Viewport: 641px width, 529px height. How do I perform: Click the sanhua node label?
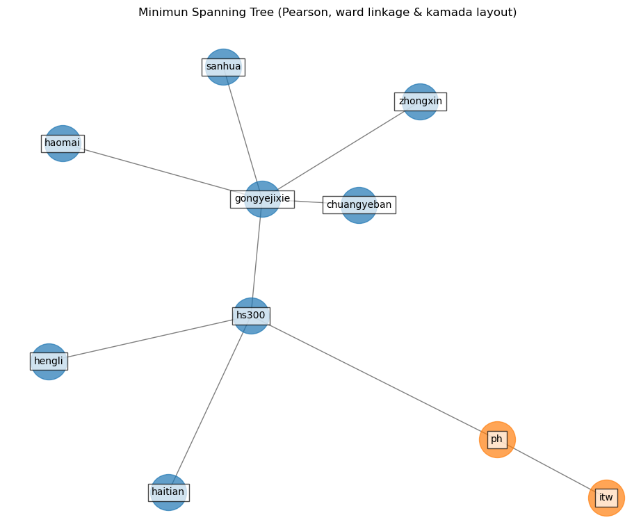point(223,67)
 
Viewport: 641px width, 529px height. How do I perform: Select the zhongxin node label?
point(421,101)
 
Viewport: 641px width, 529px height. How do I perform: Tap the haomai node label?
point(63,143)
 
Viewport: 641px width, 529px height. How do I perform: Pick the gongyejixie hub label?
point(262,199)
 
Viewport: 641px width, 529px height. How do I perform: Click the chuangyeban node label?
point(359,205)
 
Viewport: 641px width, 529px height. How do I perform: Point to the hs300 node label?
point(251,316)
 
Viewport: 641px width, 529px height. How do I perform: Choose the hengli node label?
point(49,361)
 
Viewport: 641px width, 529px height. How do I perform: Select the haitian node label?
point(168,492)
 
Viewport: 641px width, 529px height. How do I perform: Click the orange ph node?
point(497,439)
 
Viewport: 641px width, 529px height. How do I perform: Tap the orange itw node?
point(606,498)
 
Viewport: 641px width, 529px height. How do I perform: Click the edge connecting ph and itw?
point(551,469)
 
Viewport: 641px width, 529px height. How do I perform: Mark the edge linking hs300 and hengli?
point(149,339)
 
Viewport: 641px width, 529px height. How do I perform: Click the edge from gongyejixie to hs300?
point(257,257)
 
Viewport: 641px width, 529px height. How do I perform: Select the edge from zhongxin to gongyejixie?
point(341,150)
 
